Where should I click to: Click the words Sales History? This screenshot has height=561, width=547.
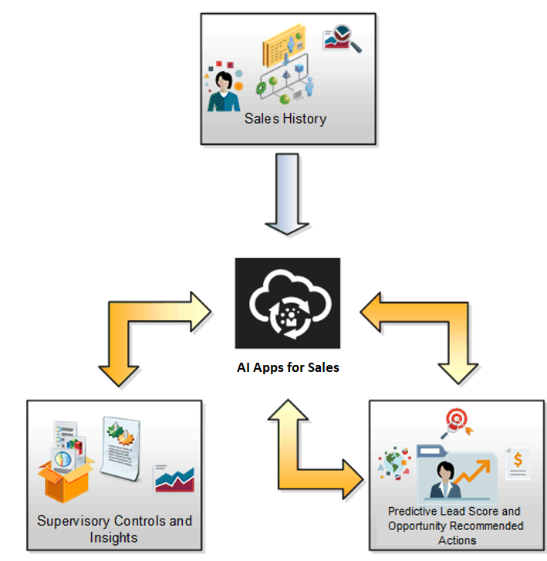click(x=285, y=119)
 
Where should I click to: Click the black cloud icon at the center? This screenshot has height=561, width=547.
click(x=287, y=303)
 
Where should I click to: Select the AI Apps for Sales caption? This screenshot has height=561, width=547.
click(x=287, y=367)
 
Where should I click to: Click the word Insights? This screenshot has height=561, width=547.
click(x=114, y=537)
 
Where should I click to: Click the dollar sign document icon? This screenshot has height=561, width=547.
click(x=516, y=464)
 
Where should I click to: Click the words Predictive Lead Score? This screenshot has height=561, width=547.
click(x=454, y=511)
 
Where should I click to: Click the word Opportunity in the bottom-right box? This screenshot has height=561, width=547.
click(x=417, y=526)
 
